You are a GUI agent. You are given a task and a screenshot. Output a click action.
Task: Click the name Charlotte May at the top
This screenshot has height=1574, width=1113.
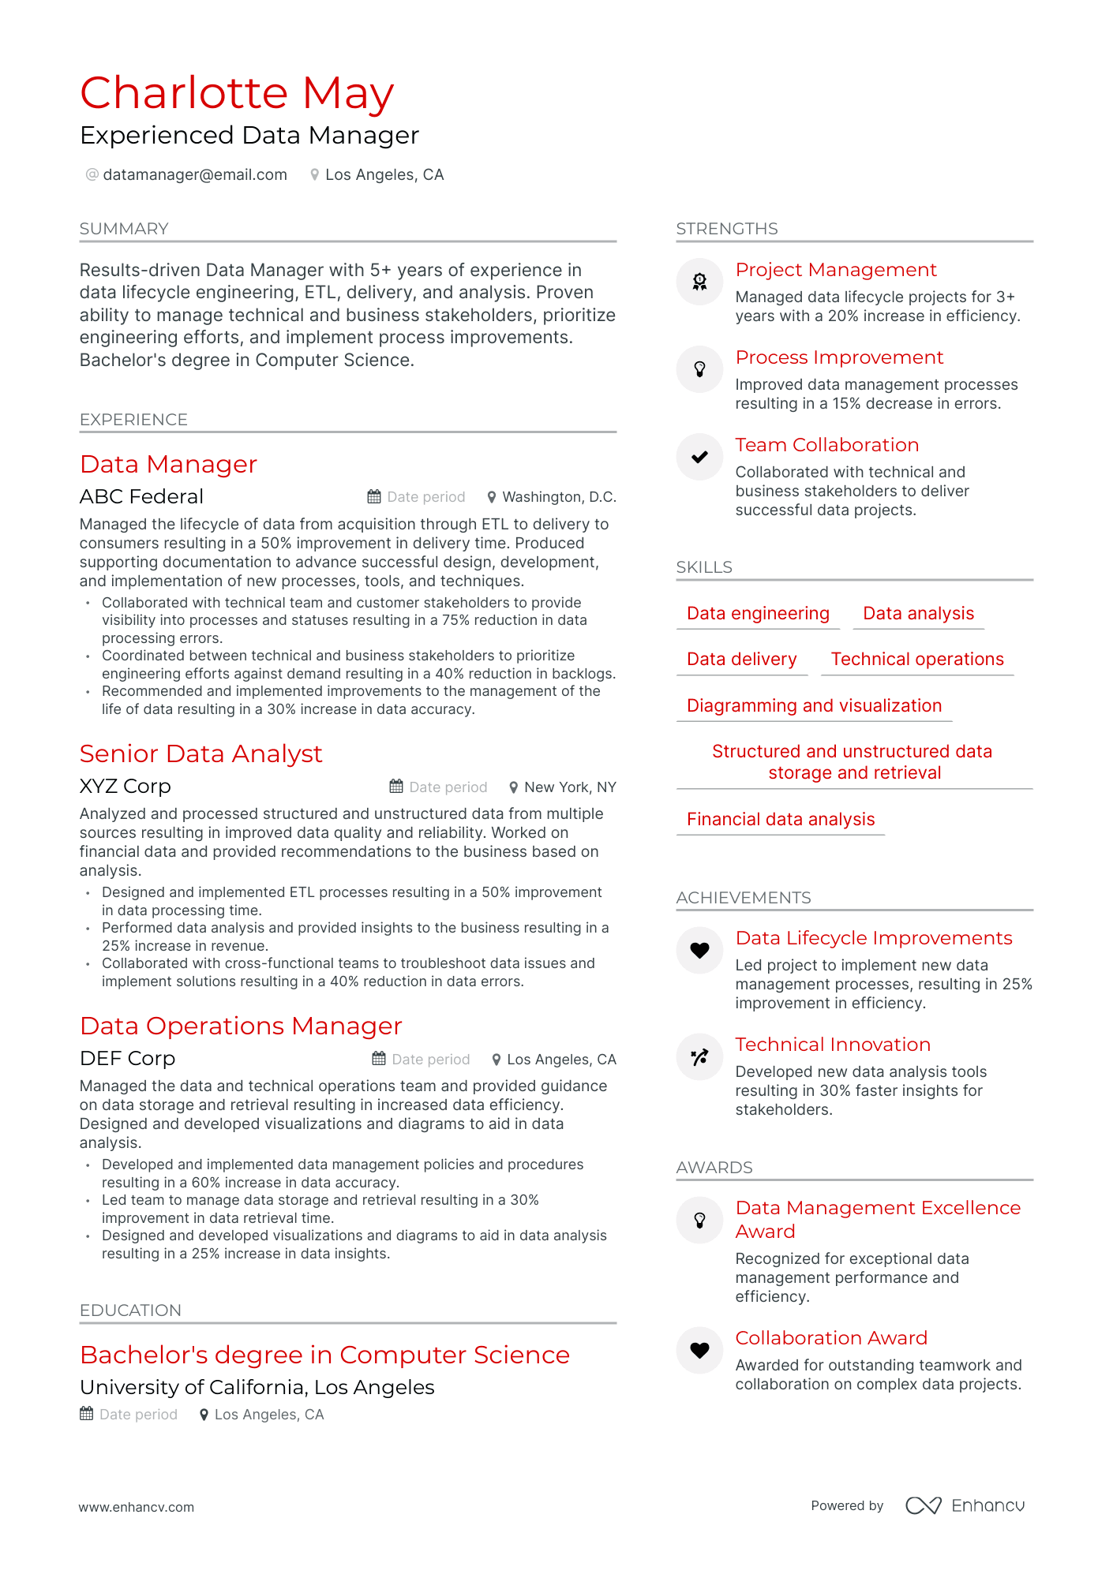coord(237,93)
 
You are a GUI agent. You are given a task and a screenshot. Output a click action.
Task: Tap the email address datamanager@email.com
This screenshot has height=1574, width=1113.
coord(194,174)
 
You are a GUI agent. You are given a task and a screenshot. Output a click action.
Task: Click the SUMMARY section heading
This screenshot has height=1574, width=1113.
coord(124,229)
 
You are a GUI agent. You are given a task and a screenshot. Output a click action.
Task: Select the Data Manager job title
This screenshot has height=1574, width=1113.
coord(168,464)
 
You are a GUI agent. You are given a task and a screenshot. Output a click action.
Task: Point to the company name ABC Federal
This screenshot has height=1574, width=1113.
coord(141,496)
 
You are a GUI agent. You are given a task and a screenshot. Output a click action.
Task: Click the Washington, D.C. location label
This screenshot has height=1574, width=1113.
coord(558,497)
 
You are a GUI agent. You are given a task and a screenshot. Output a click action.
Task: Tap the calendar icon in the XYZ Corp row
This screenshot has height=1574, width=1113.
coord(396,787)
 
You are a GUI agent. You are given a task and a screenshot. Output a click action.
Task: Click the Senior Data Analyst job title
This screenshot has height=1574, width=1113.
coord(200,753)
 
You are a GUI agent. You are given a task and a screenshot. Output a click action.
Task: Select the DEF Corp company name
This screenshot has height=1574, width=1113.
coord(127,1058)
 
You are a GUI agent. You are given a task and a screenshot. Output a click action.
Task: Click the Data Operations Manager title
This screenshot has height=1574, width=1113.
coord(241,1026)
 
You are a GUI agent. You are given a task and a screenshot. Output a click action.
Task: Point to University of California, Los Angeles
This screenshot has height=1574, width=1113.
coord(257,1387)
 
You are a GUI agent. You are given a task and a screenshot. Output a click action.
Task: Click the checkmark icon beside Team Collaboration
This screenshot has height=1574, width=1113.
coord(699,457)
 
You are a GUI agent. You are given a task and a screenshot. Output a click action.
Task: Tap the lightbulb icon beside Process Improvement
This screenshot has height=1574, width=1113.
coord(699,369)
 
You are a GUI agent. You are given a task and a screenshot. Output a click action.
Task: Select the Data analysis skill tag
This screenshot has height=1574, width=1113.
coord(918,613)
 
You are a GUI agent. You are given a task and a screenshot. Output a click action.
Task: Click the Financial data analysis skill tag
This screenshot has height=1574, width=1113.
coord(780,819)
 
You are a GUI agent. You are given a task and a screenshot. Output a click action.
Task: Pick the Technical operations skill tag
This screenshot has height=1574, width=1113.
coord(916,659)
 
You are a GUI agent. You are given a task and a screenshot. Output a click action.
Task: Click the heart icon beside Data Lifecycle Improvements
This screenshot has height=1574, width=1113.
coord(699,950)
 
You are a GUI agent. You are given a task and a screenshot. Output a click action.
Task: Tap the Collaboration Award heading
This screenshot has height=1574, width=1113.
coord(831,1338)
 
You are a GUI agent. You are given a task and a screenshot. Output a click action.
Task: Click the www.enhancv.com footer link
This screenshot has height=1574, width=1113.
coord(136,1507)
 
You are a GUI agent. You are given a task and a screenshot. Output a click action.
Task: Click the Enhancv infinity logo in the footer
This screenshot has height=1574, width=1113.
coord(923,1505)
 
